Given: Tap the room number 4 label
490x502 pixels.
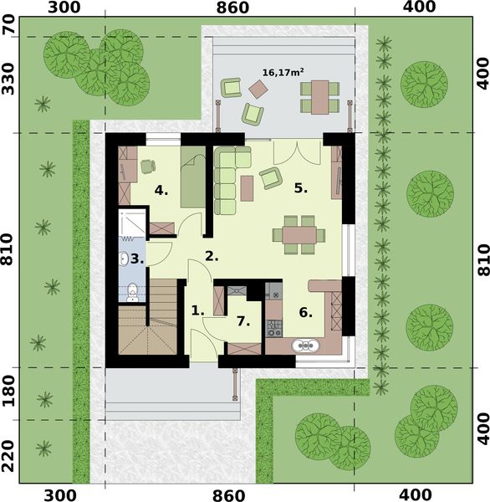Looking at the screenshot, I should click(161, 190).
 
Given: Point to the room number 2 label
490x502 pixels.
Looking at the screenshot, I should click(212, 256).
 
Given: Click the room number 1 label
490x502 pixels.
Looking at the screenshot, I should click(197, 310).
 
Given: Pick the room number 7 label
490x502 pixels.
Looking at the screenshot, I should click(243, 320).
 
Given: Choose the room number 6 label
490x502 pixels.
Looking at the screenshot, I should click(305, 313).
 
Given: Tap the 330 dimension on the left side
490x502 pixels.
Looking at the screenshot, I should click(11, 84).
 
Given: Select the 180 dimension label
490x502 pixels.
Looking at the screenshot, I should click(11, 392).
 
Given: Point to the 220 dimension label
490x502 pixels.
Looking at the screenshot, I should click(11, 451).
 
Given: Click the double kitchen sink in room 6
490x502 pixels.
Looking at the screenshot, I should click(306, 344).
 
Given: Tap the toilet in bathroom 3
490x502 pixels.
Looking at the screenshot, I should click(132, 290).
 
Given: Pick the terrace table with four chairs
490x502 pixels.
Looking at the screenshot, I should click(319, 95).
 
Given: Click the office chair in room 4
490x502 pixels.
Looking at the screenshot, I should click(147, 166).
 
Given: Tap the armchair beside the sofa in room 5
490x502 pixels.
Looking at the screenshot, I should click(270, 177).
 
